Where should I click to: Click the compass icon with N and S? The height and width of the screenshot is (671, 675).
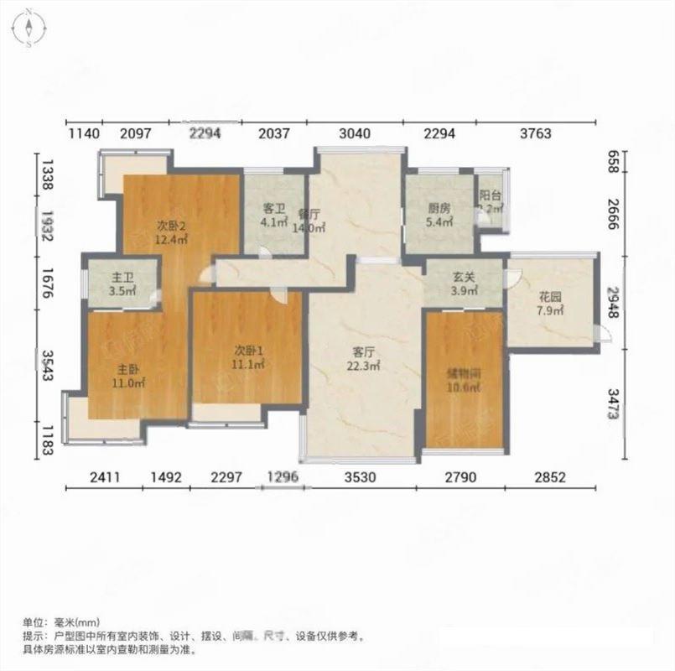click(x=29, y=28)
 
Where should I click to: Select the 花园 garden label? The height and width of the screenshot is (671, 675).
click(x=549, y=298)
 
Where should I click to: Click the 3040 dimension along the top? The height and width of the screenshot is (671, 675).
click(x=356, y=133)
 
